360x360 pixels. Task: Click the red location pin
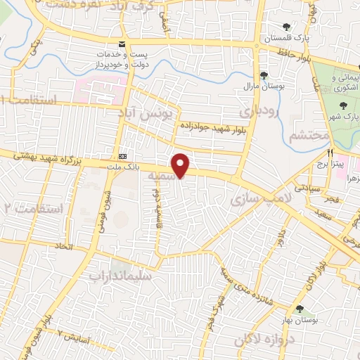point(181,165)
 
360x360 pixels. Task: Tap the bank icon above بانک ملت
point(124,155)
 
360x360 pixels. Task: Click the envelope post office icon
point(103,53)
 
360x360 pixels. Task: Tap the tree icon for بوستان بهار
point(300,309)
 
